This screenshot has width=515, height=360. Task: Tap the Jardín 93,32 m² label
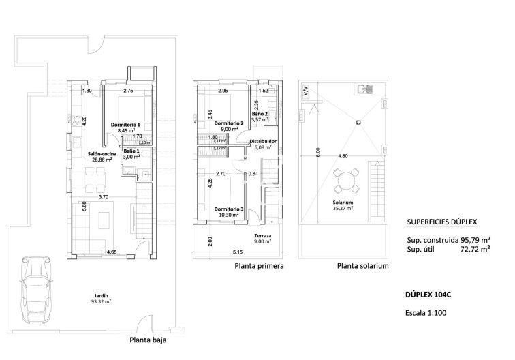(102, 299)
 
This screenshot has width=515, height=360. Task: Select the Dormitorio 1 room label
(125, 128)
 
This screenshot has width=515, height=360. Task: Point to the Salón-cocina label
(102, 157)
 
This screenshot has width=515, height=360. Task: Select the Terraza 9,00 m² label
(263, 239)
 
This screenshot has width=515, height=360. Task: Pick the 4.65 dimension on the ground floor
(110, 253)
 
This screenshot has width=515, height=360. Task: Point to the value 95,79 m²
(474, 240)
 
